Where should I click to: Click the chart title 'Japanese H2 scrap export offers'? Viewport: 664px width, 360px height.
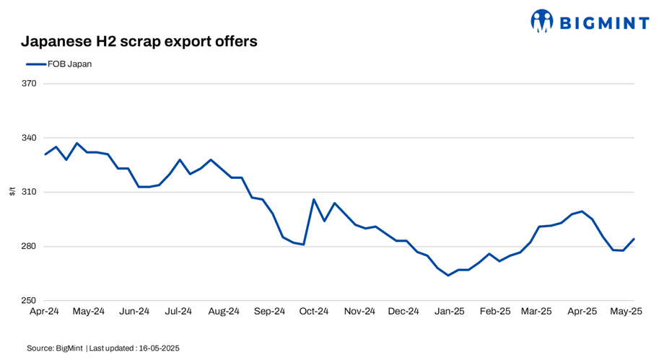(139, 41)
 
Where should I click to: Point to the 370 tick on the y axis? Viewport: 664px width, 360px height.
(30, 84)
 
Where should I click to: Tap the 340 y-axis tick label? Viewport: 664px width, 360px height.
(30, 138)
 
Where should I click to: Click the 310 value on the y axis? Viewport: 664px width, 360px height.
(30, 192)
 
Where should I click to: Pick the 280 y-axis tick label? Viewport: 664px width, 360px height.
(30, 247)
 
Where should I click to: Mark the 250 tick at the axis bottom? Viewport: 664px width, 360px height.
(30, 301)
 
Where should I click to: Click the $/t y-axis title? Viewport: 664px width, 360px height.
(12, 192)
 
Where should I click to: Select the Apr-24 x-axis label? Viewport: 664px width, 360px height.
(45, 312)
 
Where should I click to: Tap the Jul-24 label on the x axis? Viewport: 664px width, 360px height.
(178, 312)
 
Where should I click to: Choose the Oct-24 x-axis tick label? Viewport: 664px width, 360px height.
(314, 312)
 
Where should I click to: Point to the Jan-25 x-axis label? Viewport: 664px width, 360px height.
(449, 312)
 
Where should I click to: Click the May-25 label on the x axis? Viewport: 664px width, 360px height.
(626, 312)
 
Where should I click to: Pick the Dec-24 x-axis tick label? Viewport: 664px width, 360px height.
(403, 312)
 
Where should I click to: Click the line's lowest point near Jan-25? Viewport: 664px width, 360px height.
(448, 275)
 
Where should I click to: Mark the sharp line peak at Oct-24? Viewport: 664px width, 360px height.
(314, 199)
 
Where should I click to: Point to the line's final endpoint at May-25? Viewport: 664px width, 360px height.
(634, 239)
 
